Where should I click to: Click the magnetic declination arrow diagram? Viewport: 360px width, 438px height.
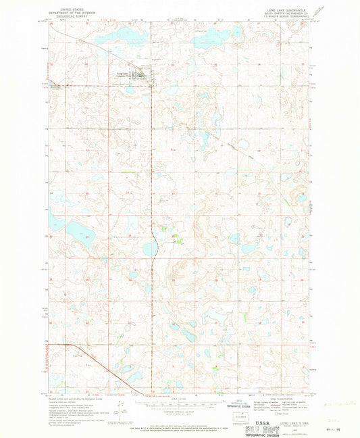[x=120, y=408]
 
